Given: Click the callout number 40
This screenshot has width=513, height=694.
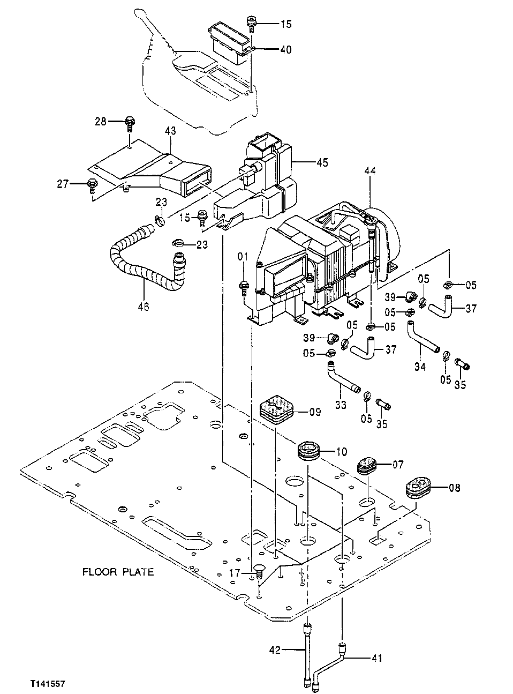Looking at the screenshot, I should coord(285,49).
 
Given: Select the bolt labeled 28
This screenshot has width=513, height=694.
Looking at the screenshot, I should coord(129,123).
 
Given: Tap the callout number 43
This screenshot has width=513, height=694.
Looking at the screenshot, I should coord(170,130).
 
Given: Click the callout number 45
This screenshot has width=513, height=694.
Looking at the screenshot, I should coord(322,162).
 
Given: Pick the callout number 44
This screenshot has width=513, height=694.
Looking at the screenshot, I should coord(370,171).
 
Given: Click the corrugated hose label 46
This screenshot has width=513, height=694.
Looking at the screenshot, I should coord(144,307).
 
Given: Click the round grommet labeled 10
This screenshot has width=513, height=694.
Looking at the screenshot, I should coord(309,451).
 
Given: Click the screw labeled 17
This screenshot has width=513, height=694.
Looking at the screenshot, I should coord(259,571).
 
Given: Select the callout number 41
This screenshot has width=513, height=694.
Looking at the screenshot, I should coord(377,658).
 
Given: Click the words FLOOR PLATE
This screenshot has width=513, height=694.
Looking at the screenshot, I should coord(118,572).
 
